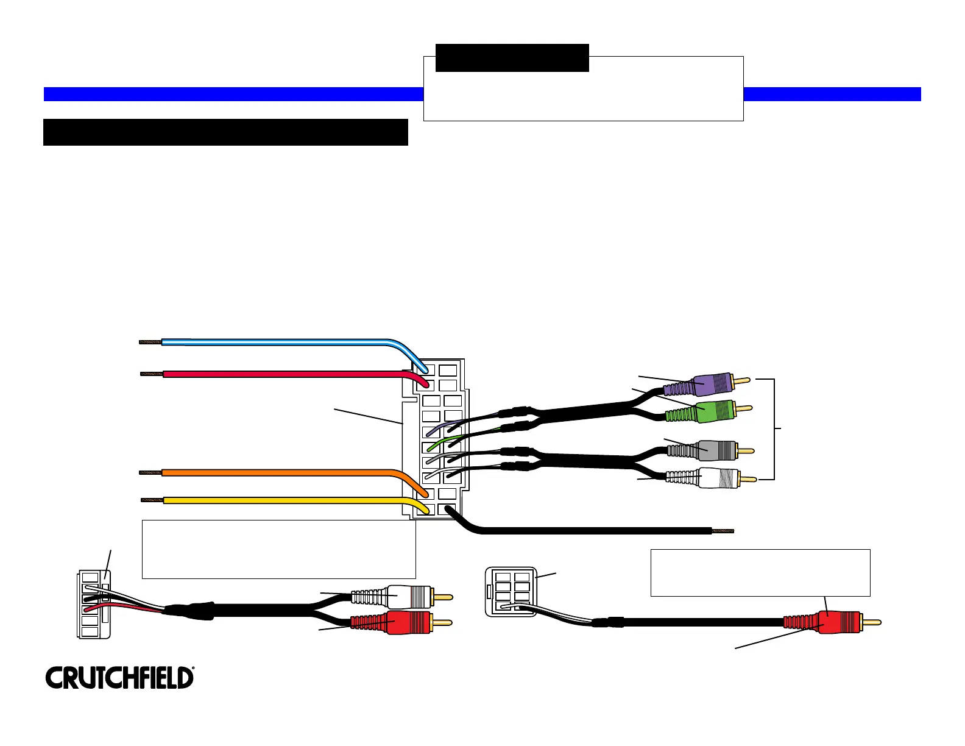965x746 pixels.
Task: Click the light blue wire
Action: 274,342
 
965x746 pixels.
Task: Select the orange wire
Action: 274,472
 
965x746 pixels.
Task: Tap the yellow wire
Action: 274,500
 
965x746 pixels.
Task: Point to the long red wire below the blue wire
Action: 274,374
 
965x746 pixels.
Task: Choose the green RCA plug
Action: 710,413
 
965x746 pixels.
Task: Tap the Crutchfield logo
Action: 120,678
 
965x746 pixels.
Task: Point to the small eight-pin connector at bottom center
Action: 511,591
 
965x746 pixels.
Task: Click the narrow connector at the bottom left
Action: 94,604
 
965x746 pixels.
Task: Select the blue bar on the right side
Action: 832,94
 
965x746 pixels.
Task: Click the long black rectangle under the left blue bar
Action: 225,132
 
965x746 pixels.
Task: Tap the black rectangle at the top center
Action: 512,57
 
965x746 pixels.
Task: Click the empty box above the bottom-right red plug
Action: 760,572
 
